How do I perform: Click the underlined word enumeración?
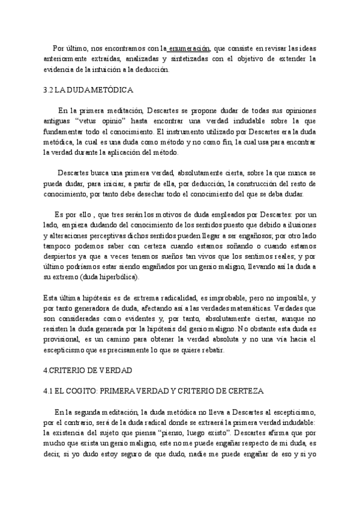point(189,48)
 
